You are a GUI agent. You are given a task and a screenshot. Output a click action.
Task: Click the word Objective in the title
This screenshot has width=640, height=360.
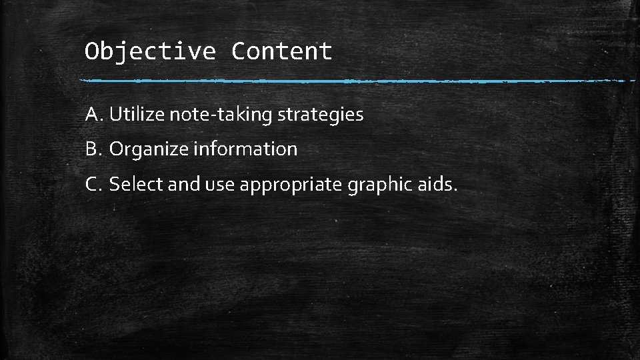[150, 51]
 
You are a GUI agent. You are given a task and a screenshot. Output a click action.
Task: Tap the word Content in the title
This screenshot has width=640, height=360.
[281, 51]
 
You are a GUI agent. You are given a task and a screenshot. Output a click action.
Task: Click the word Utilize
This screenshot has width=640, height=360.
[137, 115]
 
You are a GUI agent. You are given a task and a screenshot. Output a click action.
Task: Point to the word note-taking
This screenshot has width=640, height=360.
[221, 115]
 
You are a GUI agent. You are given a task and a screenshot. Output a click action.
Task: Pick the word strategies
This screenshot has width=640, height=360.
[321, 115]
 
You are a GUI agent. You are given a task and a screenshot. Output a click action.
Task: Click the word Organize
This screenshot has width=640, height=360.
[149, 149]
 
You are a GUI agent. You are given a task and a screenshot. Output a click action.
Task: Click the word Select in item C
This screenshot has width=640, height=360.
[136, 184]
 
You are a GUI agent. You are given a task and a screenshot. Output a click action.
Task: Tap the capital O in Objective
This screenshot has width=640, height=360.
[92, 51]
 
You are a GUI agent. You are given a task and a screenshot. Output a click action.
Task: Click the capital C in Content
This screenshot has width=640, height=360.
[239, 51]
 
